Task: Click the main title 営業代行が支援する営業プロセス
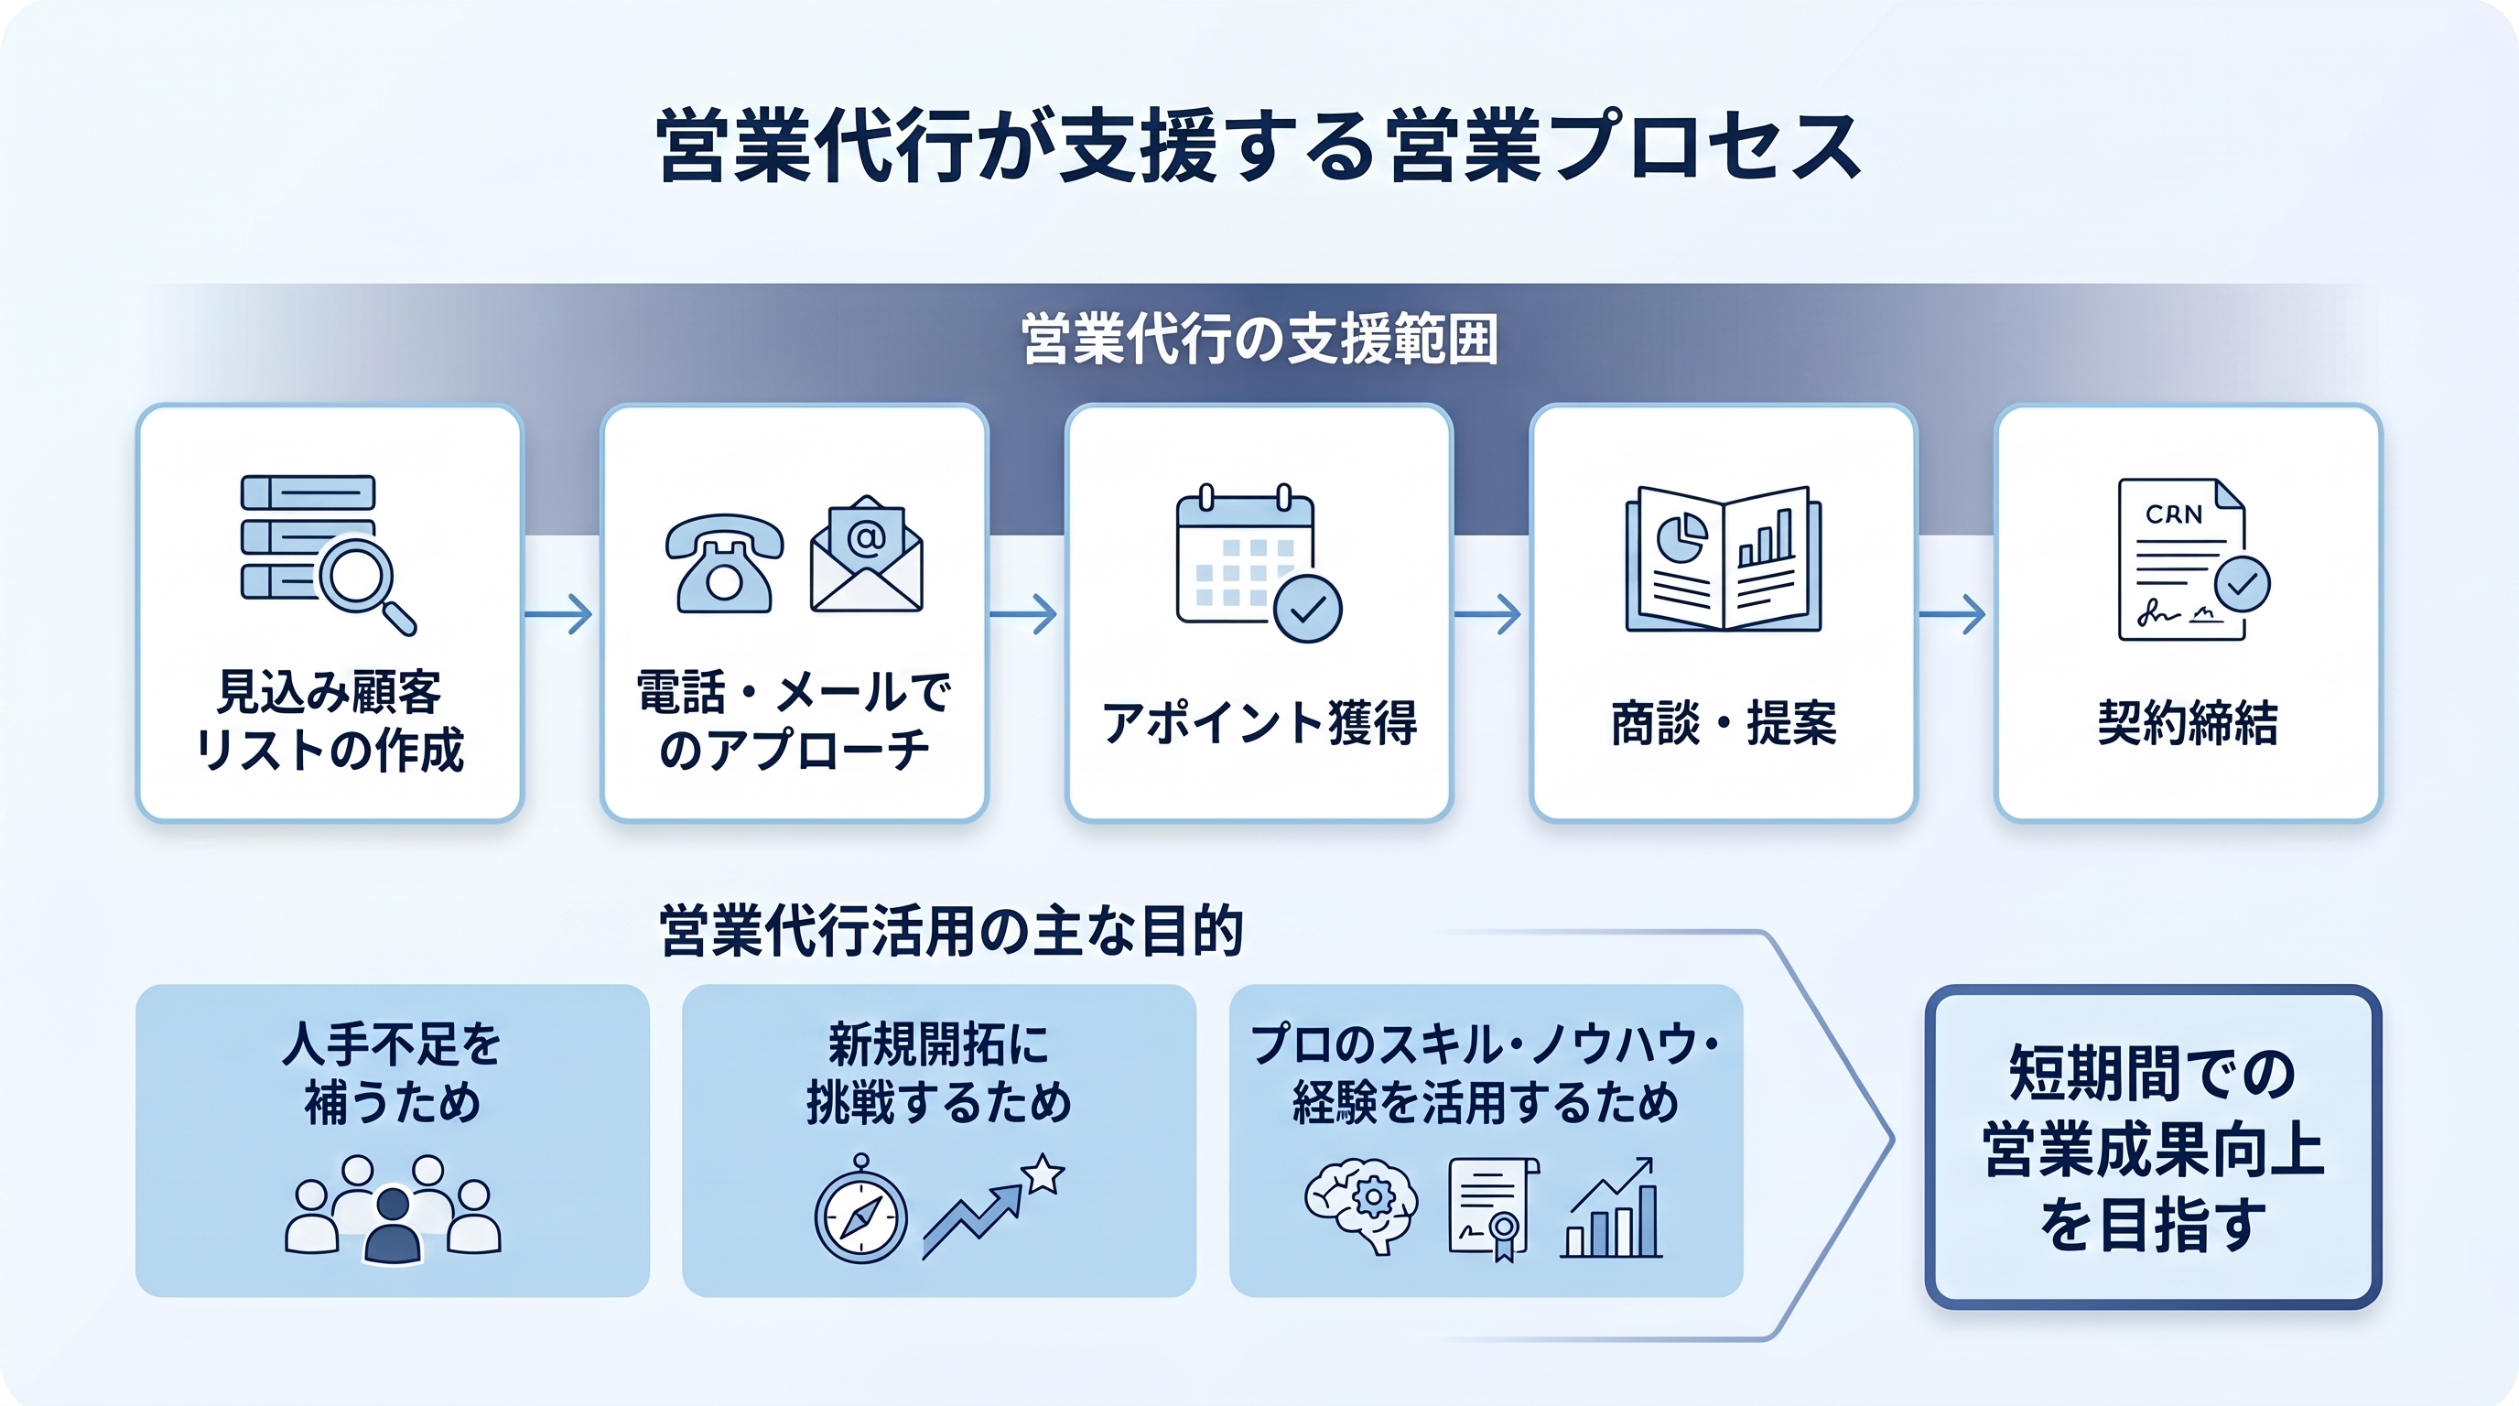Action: click(x=1259, y=146)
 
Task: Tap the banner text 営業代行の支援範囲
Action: click(x=1259, y=340)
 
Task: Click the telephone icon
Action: click(x=724, y=563)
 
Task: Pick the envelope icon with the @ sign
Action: click(x=867, y=554)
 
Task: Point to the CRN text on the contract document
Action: click(x=2174, y=514)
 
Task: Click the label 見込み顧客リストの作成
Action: click(x=330, y=720)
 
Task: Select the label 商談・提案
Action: click(x=1723, y=723)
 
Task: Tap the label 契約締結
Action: click(x=2188, y=723)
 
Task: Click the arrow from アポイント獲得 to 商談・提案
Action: click(x=1487, y=614)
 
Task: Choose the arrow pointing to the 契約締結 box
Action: click(x=1951, y=614)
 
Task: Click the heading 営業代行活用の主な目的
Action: click(x=951, y=930)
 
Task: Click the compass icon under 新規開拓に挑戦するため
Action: click(x=860, y=1210)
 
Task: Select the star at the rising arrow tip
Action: click(x=1043, y=1173)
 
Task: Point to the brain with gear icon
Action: click(x=1361, y=1206)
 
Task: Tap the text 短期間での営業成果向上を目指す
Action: click(x=2153, y=1148)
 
